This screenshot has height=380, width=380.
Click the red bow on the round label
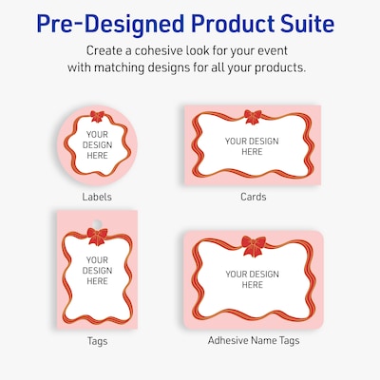96,116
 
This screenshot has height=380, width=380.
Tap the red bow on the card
253,117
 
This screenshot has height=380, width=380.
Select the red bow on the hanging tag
97,237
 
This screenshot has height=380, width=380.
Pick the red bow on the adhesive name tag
254,246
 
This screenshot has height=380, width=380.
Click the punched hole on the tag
97,223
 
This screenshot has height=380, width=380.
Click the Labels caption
97,197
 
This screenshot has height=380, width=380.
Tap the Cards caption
254,197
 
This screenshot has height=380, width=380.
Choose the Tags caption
97,341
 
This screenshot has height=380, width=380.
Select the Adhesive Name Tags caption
254,340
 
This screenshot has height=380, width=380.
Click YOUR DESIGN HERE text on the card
252,146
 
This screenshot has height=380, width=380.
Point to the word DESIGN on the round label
97,145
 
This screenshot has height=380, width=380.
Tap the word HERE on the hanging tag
97,281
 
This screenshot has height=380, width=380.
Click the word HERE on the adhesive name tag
253,285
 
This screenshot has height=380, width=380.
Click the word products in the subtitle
280,67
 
